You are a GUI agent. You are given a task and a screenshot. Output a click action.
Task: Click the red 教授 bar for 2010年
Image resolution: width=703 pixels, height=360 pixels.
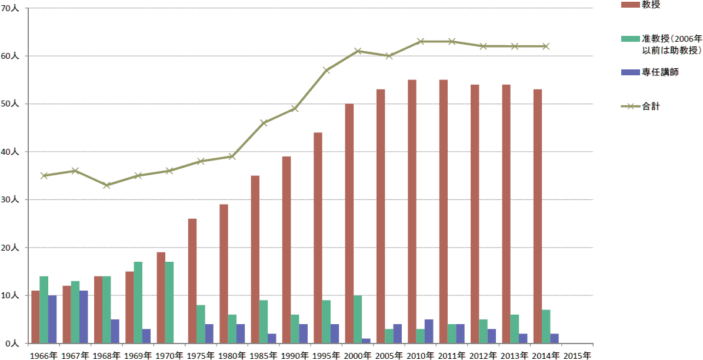[412, 212]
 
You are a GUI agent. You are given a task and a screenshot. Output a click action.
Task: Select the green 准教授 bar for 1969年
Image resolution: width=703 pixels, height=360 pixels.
[138, 302]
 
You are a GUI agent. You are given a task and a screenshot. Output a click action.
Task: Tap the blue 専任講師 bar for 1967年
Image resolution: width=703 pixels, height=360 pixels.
[84, 317]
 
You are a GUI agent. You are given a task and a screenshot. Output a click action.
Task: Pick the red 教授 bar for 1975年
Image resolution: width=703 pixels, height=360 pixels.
[192, 281]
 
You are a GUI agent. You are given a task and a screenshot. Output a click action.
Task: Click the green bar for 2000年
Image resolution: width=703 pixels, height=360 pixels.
[357, 319]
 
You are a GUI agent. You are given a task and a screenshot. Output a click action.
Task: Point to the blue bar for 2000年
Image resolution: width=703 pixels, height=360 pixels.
[366, 341]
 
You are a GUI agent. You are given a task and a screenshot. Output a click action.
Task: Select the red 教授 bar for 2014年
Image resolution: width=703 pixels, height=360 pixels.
[538, 216]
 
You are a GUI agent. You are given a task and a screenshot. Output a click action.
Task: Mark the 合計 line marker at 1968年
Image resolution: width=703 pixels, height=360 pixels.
[106, 185]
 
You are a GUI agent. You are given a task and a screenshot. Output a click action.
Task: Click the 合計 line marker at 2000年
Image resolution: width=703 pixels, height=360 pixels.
[357, 51]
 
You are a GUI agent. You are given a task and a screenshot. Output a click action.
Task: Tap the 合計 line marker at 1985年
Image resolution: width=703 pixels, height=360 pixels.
[264, 123]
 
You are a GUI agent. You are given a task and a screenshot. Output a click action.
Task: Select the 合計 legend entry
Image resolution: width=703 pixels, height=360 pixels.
[640, 106]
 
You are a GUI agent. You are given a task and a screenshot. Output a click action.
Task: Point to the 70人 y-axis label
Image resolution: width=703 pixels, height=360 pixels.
[10, 8]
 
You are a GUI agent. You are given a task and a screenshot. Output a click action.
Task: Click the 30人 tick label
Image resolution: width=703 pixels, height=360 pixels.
[10, 199]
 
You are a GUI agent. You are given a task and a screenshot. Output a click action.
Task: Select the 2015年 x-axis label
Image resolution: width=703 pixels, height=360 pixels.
[577, 355]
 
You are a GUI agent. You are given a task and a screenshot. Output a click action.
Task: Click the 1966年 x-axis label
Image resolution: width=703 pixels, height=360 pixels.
[44, 355]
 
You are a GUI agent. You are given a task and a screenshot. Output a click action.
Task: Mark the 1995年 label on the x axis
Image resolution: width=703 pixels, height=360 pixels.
[326, 355]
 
